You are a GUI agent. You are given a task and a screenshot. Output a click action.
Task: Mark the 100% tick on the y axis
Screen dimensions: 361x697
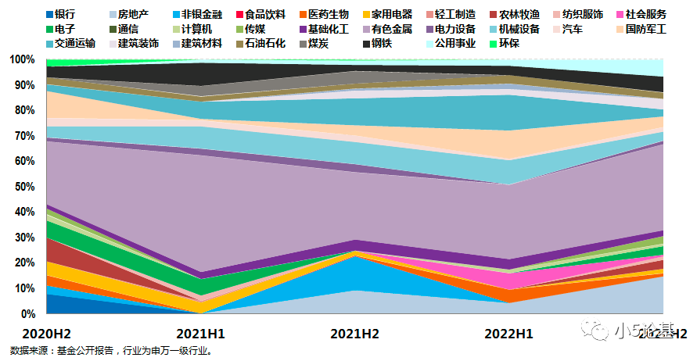pos(23,60)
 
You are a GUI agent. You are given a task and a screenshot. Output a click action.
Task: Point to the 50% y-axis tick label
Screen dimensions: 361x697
pos(25,187)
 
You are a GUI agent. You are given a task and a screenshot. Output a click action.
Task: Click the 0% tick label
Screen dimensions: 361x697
pos(27,313)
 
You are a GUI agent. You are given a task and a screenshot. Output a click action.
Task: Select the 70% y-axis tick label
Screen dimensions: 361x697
pos(25,136)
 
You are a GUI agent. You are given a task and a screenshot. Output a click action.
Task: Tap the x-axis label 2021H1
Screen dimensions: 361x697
pos(203,333)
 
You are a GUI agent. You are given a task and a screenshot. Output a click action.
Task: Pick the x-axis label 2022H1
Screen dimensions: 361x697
pos(508,333)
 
